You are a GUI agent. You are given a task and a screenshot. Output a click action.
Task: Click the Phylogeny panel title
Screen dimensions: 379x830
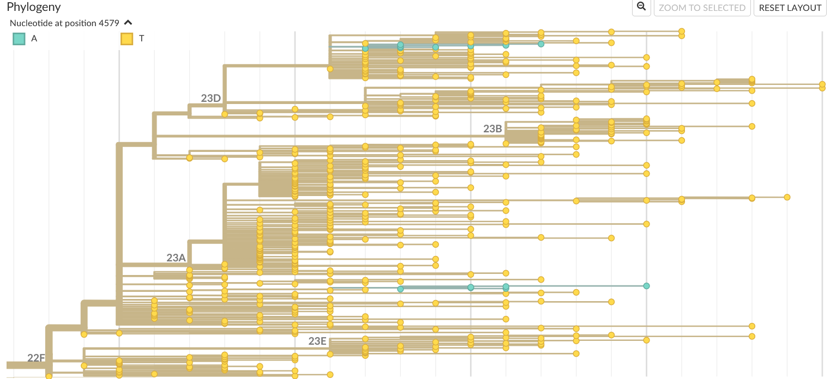(x=34, y=8)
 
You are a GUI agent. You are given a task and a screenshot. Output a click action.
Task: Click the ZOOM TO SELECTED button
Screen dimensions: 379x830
(x=702, y=8)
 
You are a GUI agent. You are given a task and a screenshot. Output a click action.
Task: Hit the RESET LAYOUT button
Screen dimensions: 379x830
(x=790, y=8)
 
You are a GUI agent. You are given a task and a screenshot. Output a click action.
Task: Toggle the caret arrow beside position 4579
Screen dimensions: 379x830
(x=128, y=23)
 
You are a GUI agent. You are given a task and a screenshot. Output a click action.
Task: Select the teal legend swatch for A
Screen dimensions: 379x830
(x=19, y=39)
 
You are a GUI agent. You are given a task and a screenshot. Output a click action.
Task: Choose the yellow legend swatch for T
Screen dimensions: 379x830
(x=127, y=39)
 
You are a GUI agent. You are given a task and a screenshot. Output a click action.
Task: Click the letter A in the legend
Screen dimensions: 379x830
(x=34, y=39)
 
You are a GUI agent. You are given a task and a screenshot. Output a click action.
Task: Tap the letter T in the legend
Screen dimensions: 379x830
(x=142, y=39)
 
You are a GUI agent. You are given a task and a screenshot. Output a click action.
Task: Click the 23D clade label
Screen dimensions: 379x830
(x=210, y=99)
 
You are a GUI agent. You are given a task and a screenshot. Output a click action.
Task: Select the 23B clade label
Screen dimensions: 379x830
(x=492, y=129)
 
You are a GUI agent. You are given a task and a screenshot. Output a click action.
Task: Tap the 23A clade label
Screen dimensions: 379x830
(x=176, y=258)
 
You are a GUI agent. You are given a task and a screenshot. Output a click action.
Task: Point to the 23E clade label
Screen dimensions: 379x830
(x=317, y=341)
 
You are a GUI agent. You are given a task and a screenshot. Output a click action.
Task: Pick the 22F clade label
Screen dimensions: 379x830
(x=37, y=358)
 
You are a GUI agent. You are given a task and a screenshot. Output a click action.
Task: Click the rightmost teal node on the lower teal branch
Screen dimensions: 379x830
(x=646, y=286)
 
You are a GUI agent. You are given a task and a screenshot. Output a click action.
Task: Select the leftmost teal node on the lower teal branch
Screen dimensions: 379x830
(x=400, y=289)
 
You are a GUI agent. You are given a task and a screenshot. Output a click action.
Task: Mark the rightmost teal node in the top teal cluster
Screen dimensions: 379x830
(x=541, y=44)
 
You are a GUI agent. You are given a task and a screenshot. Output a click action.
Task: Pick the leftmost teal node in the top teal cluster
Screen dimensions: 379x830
(x=365, y=48)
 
